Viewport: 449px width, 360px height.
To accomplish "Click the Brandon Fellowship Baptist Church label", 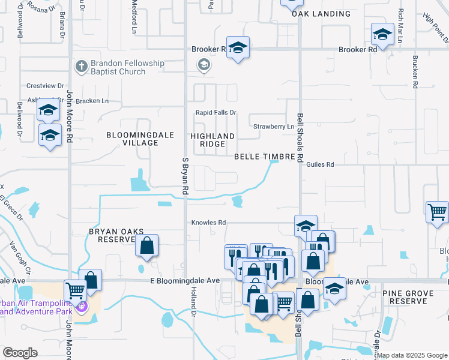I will [x=119, y=67].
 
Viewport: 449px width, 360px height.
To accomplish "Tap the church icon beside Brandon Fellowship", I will [x=81, y=65].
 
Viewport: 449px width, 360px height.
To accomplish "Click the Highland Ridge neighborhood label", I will [x=212, y=140].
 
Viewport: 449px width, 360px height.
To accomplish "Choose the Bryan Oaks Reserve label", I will [x=112, y=235].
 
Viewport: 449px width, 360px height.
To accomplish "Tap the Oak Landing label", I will [x=321, y=14].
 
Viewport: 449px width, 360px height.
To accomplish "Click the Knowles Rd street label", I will [x=208, y=223].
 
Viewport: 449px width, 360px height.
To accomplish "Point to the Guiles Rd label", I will [x=319, y=164].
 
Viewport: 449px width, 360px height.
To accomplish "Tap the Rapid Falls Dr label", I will [x=216, y=113].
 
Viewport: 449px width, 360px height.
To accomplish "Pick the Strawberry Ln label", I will [x=274, y=127].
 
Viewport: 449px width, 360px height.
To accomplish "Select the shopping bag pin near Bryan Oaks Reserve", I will [x=146, y=245].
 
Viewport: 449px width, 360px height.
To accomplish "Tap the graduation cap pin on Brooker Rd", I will [x=238, y=48].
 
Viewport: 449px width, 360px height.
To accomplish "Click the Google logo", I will [x=20, y=353].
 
